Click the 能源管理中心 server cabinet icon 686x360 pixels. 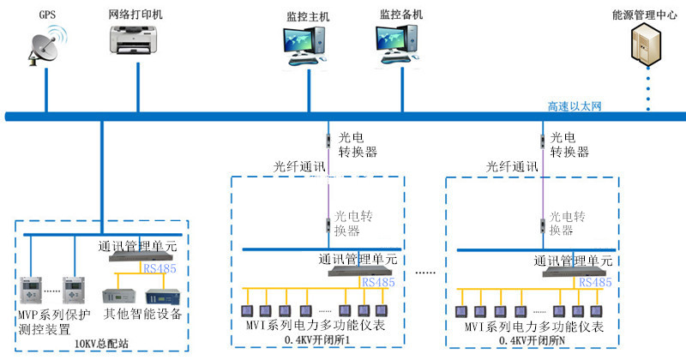click(x=648, y=45)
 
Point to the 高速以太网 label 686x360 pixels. click(x=575, y=105)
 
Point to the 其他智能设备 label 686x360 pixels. click(x=142, y=315)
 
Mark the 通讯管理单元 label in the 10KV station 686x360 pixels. click(x=137, y=246)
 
